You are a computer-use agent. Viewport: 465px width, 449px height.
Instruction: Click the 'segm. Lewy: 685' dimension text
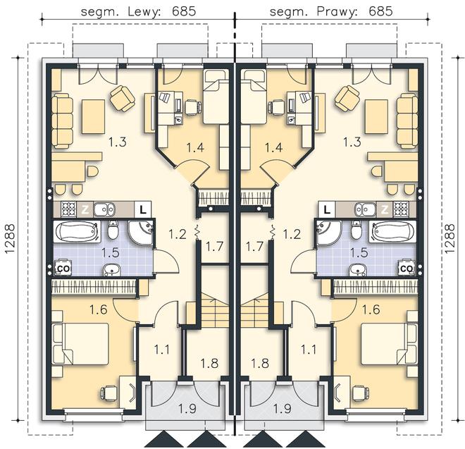(x=138, y=11)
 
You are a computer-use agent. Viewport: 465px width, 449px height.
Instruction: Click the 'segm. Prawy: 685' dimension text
(x=331, y=11)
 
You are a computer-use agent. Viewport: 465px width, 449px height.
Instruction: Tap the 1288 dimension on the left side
(x=10, y=238)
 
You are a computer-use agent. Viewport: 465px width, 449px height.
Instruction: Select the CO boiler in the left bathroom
(x=64, y=269)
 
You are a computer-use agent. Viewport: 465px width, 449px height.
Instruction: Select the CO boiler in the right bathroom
(x=407, y=269)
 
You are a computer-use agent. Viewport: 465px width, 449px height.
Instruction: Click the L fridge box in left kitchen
(x=143, y=210)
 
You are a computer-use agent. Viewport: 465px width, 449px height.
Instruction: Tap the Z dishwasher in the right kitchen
(x=385, y=210)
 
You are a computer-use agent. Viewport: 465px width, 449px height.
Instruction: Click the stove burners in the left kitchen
(x=69, y=209)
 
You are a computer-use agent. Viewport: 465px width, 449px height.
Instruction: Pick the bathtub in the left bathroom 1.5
(x=77, y=231)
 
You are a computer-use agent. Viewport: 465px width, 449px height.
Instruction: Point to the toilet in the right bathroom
(x=356, y=230)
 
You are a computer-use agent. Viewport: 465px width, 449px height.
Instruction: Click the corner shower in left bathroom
(x=141, y=233)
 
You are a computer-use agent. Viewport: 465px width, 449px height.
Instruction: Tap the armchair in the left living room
(x=122, y=98)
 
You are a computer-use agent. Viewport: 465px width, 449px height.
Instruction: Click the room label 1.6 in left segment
(x=99, y=310)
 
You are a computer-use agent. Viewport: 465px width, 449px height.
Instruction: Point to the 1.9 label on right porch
(x=283, y=409)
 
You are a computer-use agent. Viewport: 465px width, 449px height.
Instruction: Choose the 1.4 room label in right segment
(x=273, y=147)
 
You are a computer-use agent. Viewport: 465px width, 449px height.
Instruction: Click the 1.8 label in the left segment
(x=209, y=363)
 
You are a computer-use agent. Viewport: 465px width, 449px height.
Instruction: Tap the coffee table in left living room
(x=94, y=116)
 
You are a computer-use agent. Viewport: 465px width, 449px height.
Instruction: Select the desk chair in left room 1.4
(x=193, y=107)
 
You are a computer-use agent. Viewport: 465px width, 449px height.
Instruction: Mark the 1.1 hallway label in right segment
(x=309, y=350)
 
